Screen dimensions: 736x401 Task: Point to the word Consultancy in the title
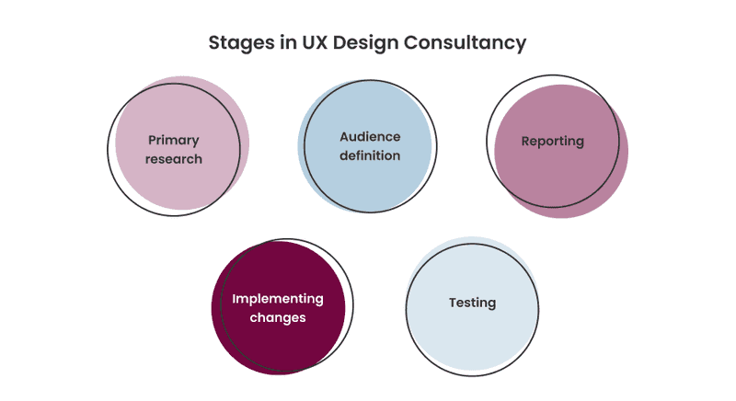[x=466, y=43]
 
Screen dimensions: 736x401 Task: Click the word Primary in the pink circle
[x=174, y=140]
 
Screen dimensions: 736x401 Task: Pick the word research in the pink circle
[x=174, y=159]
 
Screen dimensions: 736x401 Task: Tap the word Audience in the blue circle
[x=370, y=136]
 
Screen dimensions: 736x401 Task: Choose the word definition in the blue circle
[x=370, y=155]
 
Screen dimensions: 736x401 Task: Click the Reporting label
[x=553, y=141]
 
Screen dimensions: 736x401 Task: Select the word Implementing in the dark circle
[x=278, y=299]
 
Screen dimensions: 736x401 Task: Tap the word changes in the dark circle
[x=278, y=317]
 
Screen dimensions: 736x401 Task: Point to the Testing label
[x=472, y=303]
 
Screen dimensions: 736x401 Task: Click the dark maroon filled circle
[x=279, y=308]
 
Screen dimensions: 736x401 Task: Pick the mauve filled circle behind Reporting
[x=561, y=151]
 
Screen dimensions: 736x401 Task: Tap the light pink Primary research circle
[x=182, y=143]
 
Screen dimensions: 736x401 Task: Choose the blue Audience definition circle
[x=364, y=146]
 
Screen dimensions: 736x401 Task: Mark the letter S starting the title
[x=214, y=42]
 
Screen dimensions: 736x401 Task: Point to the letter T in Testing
[x=454, y=303]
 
